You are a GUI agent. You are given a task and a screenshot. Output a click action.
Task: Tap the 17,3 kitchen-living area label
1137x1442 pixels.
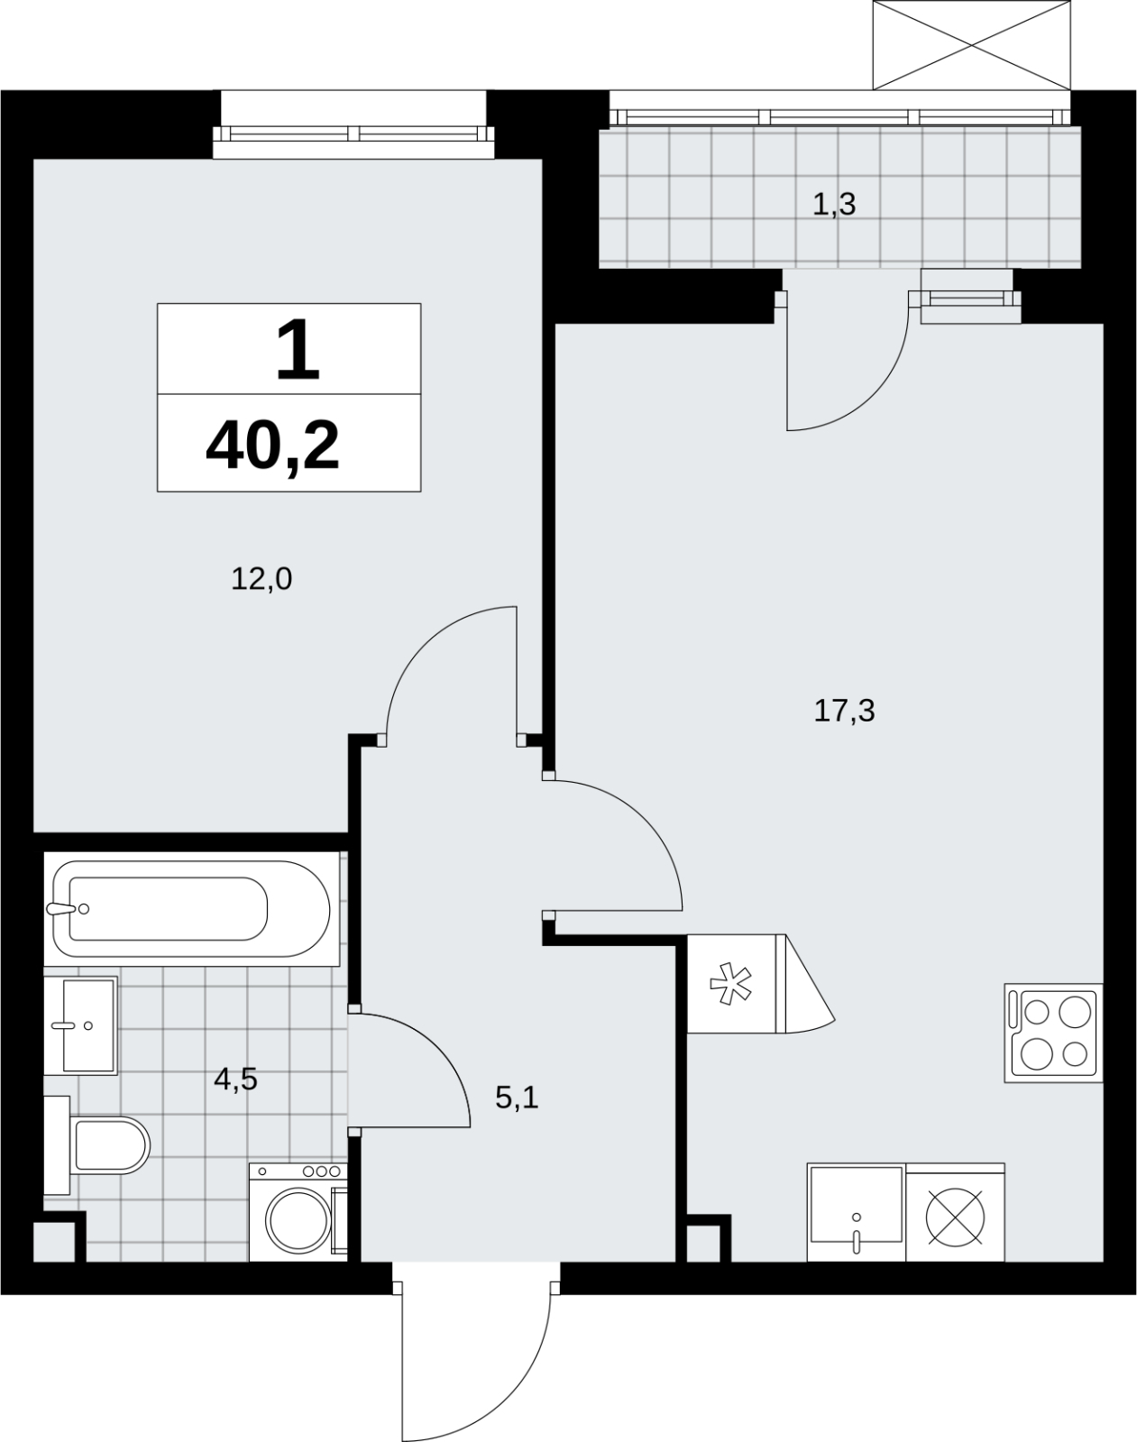(x=844, y=711)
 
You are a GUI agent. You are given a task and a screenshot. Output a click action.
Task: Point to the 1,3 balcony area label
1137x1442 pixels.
(x=833, y=205)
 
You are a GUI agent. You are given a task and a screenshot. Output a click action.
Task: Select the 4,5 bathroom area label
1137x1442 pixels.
(x=235, y=1079)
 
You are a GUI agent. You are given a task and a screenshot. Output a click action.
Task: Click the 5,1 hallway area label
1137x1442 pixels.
(x=517, y=1098)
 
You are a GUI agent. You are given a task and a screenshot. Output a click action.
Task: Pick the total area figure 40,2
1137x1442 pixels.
(x=272, y=447)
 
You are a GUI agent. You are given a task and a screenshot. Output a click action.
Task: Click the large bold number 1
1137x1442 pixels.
(x=298, y=350)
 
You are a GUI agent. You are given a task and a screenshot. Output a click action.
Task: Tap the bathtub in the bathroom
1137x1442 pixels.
(x=192, y=909)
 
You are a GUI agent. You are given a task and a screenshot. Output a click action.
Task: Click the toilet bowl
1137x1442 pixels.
(x=111, y=1145)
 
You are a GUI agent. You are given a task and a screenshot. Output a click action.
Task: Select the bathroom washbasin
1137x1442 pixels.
(x=81, y=1026)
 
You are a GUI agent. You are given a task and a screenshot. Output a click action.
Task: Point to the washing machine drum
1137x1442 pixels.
(x=298, y=1219)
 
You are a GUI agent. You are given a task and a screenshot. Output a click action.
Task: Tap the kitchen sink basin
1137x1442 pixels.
(x=857, y=1213)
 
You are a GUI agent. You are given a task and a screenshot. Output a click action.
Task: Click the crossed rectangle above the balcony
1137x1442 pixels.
(x=972, y=46)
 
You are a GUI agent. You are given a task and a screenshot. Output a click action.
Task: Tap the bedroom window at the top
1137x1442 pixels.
(x=353, y=133)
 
